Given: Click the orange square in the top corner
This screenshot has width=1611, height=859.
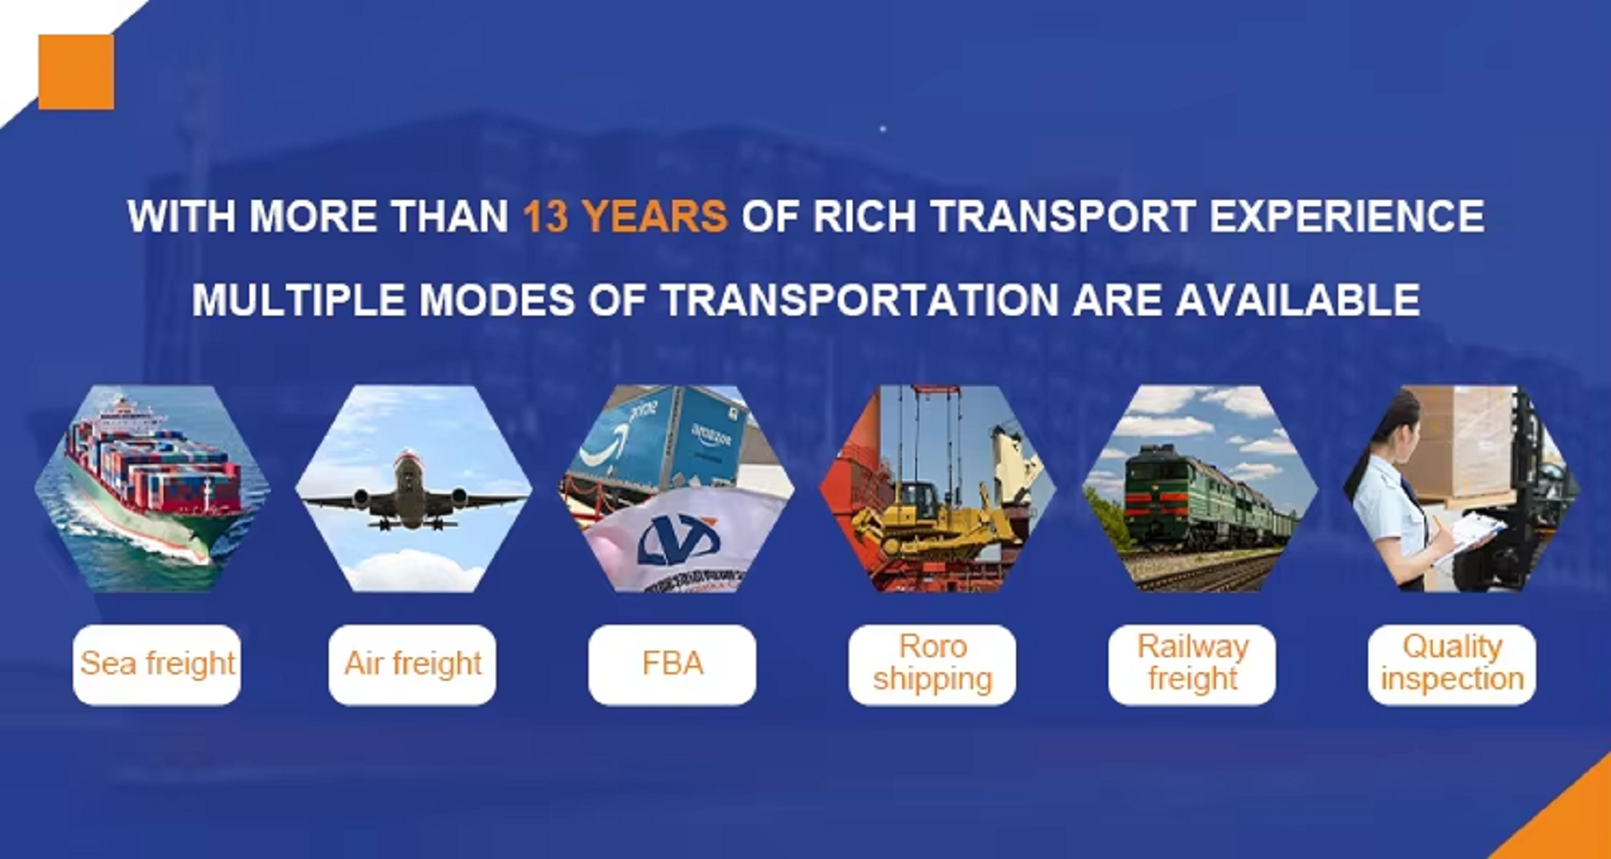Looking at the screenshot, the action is (x=76, y=72).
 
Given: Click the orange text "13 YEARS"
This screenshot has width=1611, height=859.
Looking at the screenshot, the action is (x=625, y=217).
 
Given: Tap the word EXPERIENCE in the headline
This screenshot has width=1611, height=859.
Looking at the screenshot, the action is (x=1347, y=217).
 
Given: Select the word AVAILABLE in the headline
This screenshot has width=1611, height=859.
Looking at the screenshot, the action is (x=1298, y=301).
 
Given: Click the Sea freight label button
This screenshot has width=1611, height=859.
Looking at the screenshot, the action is (x=157, y=665).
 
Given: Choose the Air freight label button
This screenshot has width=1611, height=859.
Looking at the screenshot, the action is (x=413, y=665).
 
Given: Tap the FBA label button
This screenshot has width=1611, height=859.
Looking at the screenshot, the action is (x=672, y=665).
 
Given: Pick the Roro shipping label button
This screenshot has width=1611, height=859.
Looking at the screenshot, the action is (x=932, y=665).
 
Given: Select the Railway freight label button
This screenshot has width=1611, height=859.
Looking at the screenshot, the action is (x=1192, y=665).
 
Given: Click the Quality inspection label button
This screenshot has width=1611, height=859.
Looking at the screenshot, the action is (x=1451, y=665).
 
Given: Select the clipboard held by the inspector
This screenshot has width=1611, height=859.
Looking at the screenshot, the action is (x=1466, y=537).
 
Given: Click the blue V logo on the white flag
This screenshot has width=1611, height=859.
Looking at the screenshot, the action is (x=679, y=542).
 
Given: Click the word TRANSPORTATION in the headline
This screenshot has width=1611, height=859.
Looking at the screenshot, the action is (x=859, y=301).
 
